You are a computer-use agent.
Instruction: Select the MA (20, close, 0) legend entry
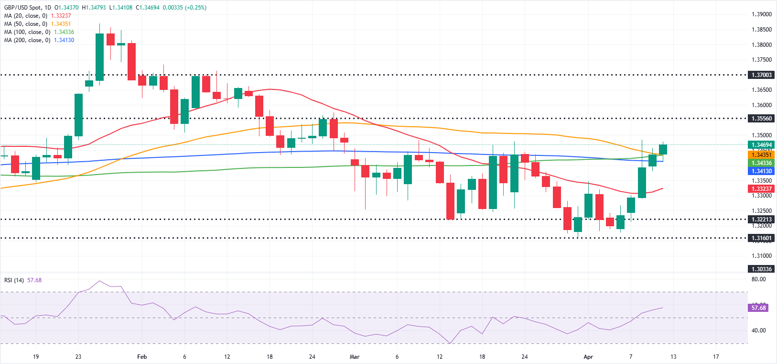coord(26,16)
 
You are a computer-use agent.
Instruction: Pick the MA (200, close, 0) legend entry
coord(27,40)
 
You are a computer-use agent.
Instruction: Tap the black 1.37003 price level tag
coord(761,75)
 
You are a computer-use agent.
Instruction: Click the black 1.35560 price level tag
coord(761,118)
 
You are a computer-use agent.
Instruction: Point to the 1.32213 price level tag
coord(761,220)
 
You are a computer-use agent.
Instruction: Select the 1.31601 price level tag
coord(761,238)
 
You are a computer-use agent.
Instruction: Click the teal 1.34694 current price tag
coord(761,144)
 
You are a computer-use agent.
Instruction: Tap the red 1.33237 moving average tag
coord(761,189)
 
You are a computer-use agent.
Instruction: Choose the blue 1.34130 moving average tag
coord(761,171)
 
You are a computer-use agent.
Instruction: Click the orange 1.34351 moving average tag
coord(761,154)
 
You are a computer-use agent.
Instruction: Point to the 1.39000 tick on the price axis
coord(761,14)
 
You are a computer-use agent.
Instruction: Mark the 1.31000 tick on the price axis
coord(761,256)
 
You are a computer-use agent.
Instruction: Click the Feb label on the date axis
coord(142,357)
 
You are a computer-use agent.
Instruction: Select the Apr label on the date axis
coord(588,357)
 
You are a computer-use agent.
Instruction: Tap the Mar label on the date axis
coord(355,357)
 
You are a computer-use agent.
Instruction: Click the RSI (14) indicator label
coord(14,280)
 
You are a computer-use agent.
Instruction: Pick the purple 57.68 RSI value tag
coord(758,308)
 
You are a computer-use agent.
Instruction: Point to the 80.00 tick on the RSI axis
coord(758,279)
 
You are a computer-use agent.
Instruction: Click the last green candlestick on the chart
coord(663,149)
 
